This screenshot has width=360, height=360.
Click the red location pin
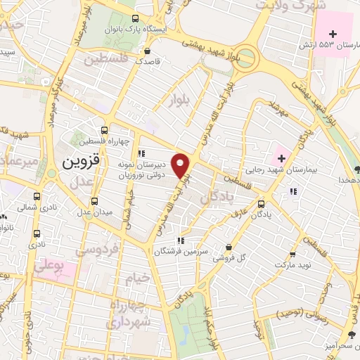pyautogui.click(x=182, y=165)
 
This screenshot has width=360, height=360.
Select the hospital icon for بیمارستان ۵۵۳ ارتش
pyautogui.click(x=333, y=34)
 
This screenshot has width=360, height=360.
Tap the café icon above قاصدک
pyautogui.click(x=147, y=51)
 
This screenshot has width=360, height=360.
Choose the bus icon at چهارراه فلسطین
pyautogui.click(x=104, y=130)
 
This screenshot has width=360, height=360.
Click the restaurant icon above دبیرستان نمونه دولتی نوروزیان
pyautogui.click(x=141, y=153)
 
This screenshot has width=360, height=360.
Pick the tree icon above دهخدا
pyautogui.click(x=357, y=169)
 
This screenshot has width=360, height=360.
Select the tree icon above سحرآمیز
pyautogui.click(x=352, y=334)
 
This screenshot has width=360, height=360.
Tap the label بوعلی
pyautogui.click(x=51, y=268)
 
